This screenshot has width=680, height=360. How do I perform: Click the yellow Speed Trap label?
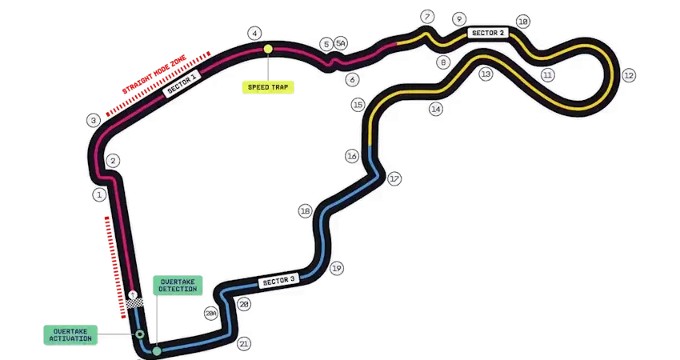(x=268, y=87)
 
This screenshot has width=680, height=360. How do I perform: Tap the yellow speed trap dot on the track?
(x=269, y=49)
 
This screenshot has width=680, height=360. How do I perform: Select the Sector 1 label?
(x=182, y=83)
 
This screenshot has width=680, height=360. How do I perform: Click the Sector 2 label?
(x=488, y=33)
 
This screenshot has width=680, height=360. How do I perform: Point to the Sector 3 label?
(x=279, y=281)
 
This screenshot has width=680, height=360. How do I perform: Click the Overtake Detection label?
(x=178, y=286)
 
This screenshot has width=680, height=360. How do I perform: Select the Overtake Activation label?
(x=70, y=335)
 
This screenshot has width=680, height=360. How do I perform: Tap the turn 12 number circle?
(x=628, y=75)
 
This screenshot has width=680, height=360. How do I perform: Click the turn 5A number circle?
(x=341, y=43)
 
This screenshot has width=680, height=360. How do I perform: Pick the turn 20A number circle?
(x=211, y=314)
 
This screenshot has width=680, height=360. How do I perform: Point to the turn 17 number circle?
(x=394, y=178)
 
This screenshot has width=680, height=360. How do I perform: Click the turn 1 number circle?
(x=99, y=194)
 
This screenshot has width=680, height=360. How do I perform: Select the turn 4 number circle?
(x=255, y=34)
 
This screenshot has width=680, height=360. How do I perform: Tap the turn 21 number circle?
(x=244, y=344)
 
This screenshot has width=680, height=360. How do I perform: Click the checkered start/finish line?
(x=134, y=303)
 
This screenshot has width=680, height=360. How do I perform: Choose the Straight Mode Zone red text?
(x=154, y=74)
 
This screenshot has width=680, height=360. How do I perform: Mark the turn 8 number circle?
(x=443, y=62)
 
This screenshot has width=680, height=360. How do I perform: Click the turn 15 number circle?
(x=358, y=105)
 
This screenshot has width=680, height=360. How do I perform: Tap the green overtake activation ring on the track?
(x=140, y=334)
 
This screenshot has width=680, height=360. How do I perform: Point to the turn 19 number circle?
(x=337, y=269)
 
